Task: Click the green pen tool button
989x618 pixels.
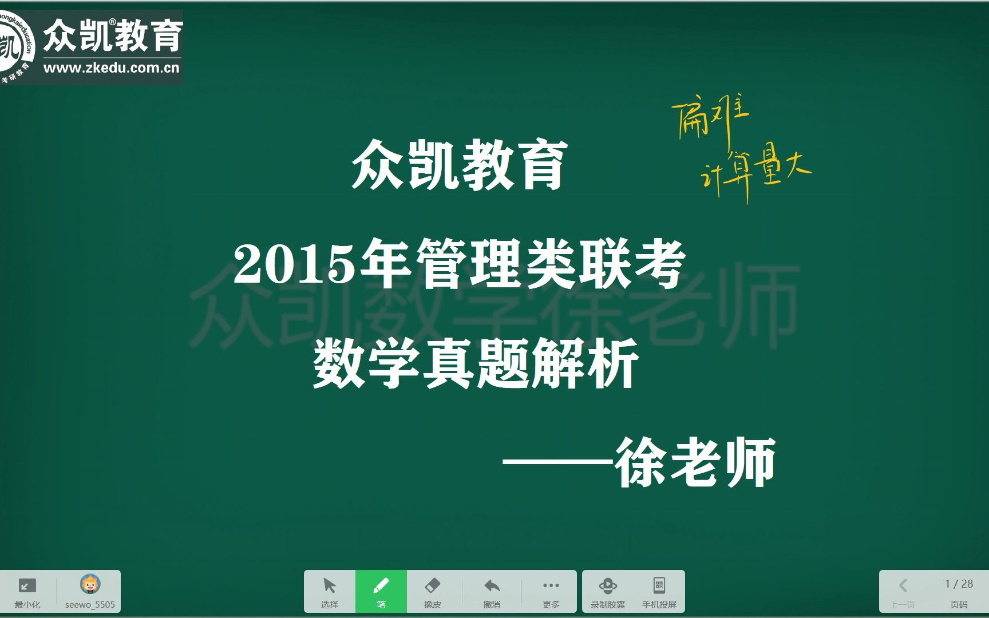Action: coord(381,591)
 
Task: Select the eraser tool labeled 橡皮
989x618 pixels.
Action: coord(433,591)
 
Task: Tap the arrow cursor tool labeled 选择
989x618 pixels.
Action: coord(330,591)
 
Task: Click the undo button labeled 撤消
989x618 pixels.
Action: coord(492,591)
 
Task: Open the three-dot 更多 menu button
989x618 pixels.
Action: coord(551,591)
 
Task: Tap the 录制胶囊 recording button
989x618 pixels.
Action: coord(608,591)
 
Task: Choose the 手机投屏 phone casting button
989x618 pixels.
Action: coord(659,591)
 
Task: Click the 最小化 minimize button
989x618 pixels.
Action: coord(27,591)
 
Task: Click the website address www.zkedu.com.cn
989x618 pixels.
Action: coord(112,68)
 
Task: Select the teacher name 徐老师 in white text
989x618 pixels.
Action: coord(695,462)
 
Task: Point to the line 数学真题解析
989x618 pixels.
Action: coord(476,363)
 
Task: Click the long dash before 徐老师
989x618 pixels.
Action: coord(559,462)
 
